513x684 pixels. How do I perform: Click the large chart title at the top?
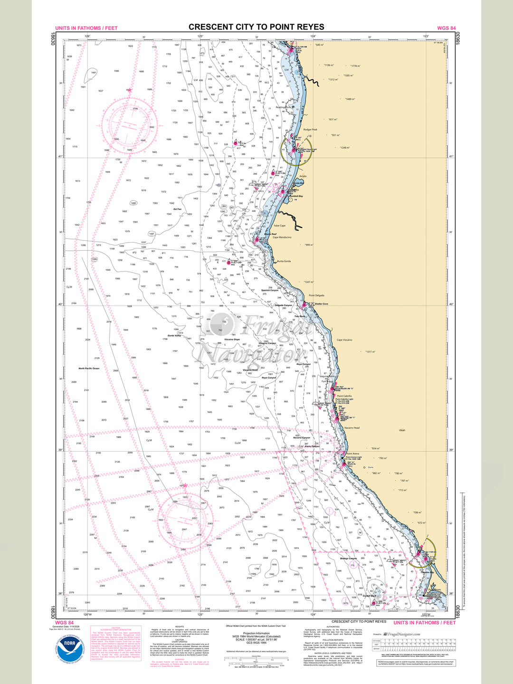256,27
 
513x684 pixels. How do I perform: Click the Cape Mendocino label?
282,237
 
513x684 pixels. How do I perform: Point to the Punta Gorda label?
284,261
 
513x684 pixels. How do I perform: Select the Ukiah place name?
402,430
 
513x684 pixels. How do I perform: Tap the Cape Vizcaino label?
344,340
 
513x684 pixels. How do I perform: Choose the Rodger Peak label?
310,129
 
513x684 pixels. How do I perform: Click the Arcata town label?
303,176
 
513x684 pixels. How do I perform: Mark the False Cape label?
280,226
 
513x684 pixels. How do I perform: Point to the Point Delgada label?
317,295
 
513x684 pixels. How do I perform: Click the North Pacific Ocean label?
89,369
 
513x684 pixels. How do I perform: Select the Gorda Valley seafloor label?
174,336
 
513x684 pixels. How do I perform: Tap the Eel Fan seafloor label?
177,209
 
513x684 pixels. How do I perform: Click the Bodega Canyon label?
349,559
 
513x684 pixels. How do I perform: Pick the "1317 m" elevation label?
370,352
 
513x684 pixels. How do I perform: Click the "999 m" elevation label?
309,245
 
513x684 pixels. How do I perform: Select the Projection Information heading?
256,633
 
